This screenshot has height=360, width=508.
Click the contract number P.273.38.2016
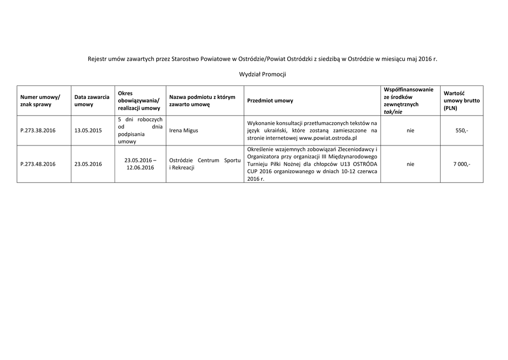[x=38, y=131]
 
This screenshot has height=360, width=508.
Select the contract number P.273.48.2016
[x=38, y=164]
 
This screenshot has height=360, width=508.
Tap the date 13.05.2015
[x=88, y=131]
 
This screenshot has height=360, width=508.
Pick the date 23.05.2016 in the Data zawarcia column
[x=88, y=164]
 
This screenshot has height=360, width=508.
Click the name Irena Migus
[x=184, y=131]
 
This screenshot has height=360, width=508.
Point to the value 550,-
[x=461, y=131]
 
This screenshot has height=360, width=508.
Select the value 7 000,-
[x=461, y=164]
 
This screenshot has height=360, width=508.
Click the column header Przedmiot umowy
[x=270, y=101]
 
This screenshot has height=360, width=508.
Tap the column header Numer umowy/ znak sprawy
[x=40, y=101]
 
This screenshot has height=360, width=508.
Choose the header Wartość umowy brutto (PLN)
[x=461, y=101]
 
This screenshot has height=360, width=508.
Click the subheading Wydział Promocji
[x=262, y=74]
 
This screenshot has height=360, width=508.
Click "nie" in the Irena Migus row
[x=410, y=131]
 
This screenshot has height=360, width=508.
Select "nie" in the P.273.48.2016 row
[x=410, y=164]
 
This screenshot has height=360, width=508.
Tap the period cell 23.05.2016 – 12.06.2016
[x=140, y=164]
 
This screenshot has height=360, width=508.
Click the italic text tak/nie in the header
[x=393, y=112]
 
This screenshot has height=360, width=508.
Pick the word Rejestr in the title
[x=98, y=59]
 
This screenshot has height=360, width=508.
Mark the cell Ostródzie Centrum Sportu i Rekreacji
[x=205, y=164]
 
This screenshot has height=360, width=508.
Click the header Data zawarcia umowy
[x=92, y=101]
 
